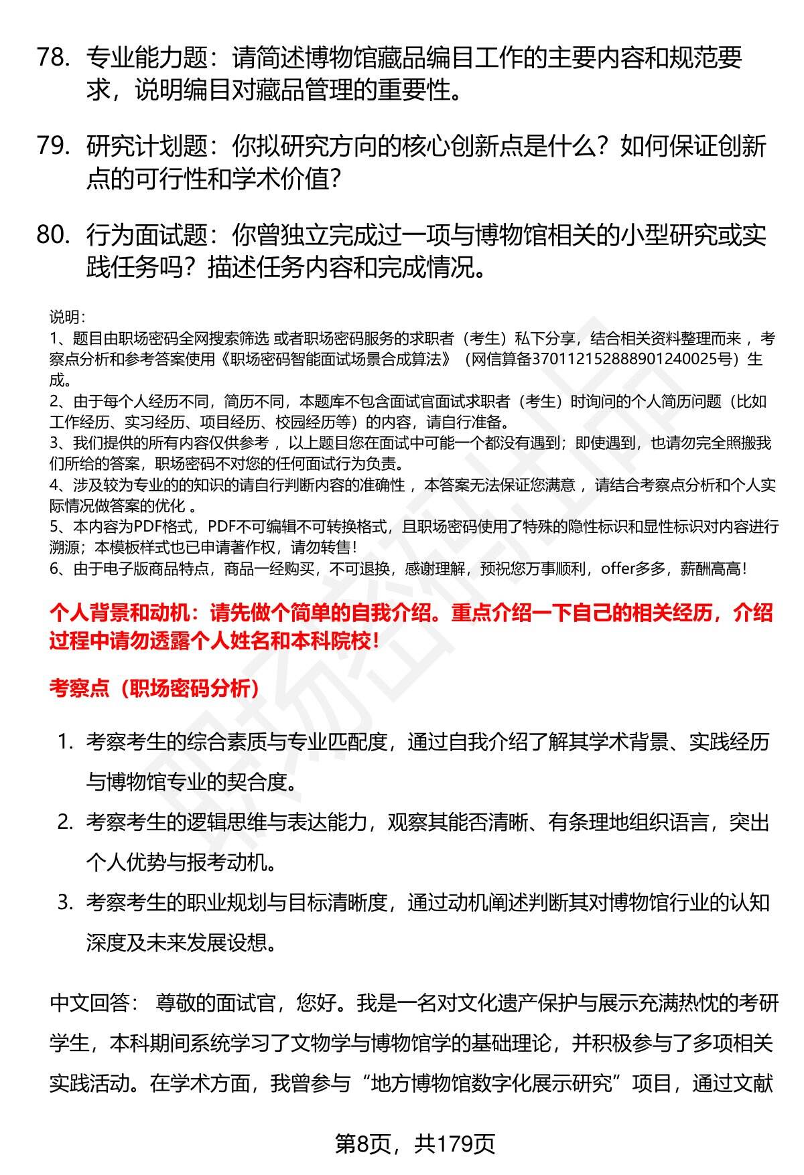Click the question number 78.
click(x=54, y=58)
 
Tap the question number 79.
click(x=54, y=147)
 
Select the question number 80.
click(x=54, y=235)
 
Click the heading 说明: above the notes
click(x=67, y=317)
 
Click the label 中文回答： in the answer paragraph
click(x=94, y=1003)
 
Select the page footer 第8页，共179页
click(x=415, y=1144)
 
